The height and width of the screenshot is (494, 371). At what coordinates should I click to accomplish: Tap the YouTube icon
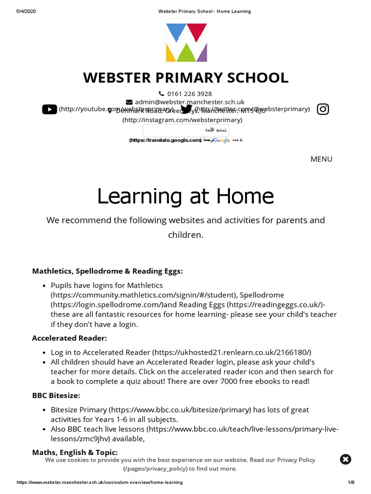[x=49, y=110]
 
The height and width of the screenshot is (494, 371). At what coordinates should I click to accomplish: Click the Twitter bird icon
[x=186, y=110]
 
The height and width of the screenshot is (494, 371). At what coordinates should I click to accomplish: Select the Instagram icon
[x=323, y=109]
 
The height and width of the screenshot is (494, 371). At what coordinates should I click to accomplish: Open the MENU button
[x=321, y=159]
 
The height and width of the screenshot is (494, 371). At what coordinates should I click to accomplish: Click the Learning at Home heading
[x=185, y=196]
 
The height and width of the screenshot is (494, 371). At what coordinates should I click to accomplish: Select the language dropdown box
[x=185, y=130]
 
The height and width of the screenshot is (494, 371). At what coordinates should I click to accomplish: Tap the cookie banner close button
[x=345, y=459]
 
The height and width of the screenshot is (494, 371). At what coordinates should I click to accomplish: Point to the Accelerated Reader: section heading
[x=70, y=338]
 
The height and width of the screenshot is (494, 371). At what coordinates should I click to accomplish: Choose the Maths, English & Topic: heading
[x=75, y=453]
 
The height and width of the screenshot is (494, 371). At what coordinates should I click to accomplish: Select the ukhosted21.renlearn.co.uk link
[x=232, y=352]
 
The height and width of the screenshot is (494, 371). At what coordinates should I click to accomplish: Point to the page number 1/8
[x=351, y=482]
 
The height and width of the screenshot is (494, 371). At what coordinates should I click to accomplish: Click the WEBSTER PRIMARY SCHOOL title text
[x=185, y=77]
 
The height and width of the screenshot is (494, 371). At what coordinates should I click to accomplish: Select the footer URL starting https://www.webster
[x=100, y=482]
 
